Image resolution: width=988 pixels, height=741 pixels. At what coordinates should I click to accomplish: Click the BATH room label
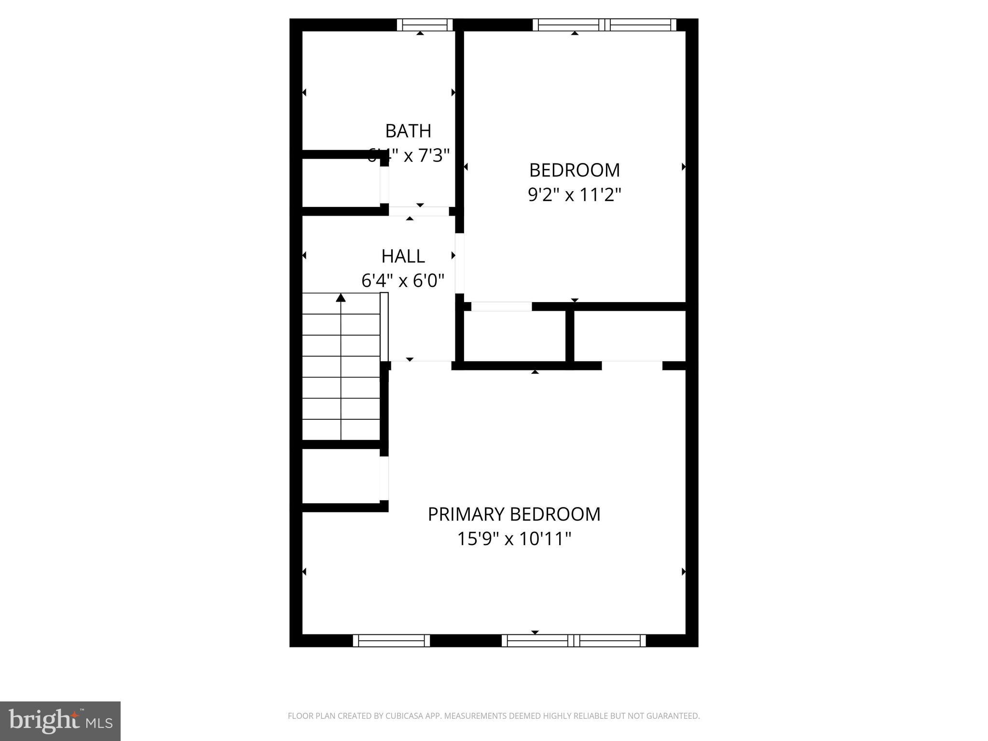(408, 131)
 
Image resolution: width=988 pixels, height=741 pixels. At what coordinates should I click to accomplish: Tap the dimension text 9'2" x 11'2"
(574, 195)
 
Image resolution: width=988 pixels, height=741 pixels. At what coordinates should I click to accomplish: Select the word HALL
(403, 256)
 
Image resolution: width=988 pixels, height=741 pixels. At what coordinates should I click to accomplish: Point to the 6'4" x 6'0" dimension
(403, 280)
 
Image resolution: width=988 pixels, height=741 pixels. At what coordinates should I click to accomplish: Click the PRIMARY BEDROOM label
(514, 514)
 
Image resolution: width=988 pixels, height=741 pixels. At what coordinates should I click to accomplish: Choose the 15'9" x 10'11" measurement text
(514, 539)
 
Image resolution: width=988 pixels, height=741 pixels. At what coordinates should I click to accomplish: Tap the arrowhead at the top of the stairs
(341, 298)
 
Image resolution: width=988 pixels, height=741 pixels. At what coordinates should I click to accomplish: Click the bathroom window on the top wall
(425, 25)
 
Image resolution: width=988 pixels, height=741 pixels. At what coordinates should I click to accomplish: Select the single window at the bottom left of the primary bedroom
(391, 641)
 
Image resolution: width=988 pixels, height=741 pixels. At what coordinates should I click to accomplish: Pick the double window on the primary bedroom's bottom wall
(574, 641)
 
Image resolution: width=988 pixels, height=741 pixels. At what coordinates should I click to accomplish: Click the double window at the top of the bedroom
(604, 25)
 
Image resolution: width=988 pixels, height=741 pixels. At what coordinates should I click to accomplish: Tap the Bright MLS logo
(60, 721)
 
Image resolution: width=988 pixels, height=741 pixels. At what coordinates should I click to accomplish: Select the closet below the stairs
(341, 476)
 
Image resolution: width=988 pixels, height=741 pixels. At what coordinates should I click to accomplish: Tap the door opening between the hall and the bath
(419, 211)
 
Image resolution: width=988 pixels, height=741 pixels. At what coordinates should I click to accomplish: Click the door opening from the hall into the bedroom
(460, 263)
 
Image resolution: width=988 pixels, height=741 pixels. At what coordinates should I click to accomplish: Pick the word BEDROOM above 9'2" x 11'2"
(574, 170)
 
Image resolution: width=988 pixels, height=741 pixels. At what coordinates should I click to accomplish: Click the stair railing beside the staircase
(384, 327)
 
